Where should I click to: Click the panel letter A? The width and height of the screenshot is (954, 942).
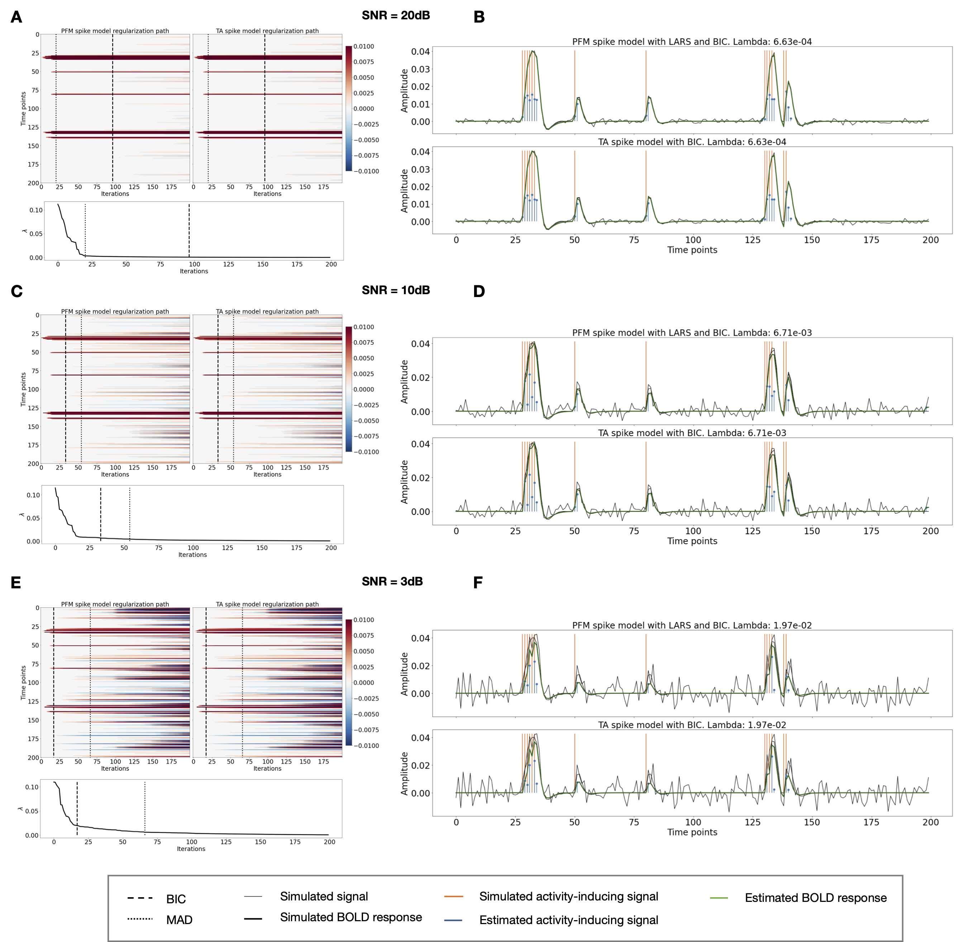[x=16, y=17]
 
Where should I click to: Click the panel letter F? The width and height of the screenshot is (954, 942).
[x=477, y=583]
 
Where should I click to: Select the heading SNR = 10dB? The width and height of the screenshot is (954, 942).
[x=396, y=290]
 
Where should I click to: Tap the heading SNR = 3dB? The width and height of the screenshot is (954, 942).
[x=392, y=582]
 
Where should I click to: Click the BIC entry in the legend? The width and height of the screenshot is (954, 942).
[x=176, y=899]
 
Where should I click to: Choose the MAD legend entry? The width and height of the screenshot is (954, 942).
[x=179, y=920]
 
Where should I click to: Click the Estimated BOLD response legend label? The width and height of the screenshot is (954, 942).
[x=815, y=898]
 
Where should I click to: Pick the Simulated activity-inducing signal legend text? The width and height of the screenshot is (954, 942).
[x=568, y=896]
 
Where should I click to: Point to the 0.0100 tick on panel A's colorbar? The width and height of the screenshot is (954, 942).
[x=363, y=47]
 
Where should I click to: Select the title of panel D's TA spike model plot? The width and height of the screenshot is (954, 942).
[x=692, y=433]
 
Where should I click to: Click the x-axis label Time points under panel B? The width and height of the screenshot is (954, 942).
[x=692, y=250]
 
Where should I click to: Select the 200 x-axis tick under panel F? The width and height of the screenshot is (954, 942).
[x=930, y=822]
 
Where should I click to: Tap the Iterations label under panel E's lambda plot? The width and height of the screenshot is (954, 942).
[x=191, y=849]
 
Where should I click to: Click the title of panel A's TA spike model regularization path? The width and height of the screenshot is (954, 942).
[x=267, y=30]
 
